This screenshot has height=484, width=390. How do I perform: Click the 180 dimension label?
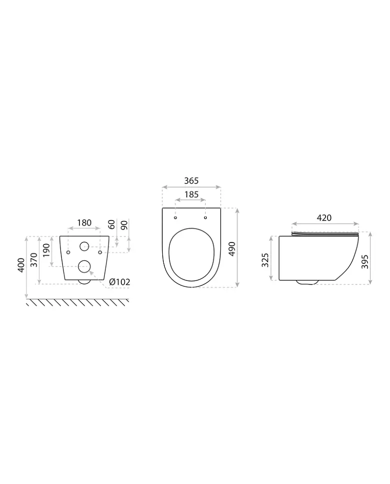pos(84,223)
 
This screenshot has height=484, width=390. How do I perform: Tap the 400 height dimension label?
pos(21,265)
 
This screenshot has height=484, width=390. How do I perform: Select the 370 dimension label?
pos(34,260)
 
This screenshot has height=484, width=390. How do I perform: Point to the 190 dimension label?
pos(46,250)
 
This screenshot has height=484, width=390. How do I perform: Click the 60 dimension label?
pos(112,225)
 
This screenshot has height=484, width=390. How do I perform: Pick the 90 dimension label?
pos(124,225)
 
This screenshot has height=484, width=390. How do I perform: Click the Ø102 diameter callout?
pos(119,282)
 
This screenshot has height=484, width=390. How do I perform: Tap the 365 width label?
pos(191,181)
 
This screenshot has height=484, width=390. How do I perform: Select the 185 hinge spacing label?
pos(191,195)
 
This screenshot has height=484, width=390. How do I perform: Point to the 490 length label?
pos(232,249)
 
